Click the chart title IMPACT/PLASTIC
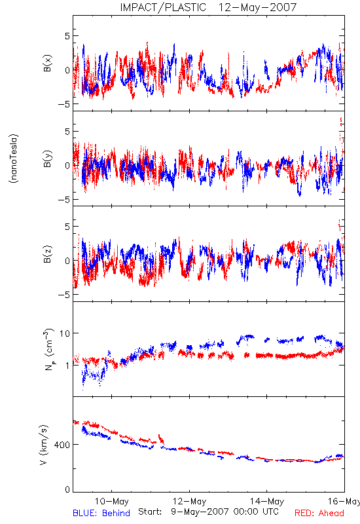[x=163, y=7]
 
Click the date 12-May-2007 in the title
[x=257, y=7]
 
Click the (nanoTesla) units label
[x=14, y=159]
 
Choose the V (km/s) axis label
[x=45, y=445]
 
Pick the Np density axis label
[x=48, y=349]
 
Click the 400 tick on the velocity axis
[x=63, y=445]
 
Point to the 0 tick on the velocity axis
[x=67, y=489]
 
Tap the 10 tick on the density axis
[x=65, y=333]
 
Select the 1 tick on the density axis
[x=68, y=365]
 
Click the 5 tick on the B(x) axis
[x=67, y=36]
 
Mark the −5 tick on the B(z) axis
[x=64, y=295]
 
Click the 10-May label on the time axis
[x=112, y=501]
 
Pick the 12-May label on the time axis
[x=190, y=501]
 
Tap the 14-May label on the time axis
[x=267, y=501]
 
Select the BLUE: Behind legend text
[x=101, y=513]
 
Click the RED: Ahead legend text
[x=319, y=513]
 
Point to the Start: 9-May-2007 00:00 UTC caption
[x=208, y=512]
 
